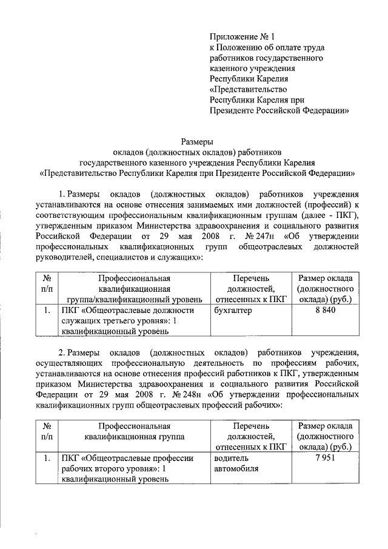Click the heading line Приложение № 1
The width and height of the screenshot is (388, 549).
(x=238, y=38)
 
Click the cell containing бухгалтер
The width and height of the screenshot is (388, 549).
(x=233, y=311)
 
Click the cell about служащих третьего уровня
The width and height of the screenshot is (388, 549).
(x=134, y=321)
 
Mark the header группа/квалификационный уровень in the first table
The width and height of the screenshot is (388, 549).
(x=134, y=300)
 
